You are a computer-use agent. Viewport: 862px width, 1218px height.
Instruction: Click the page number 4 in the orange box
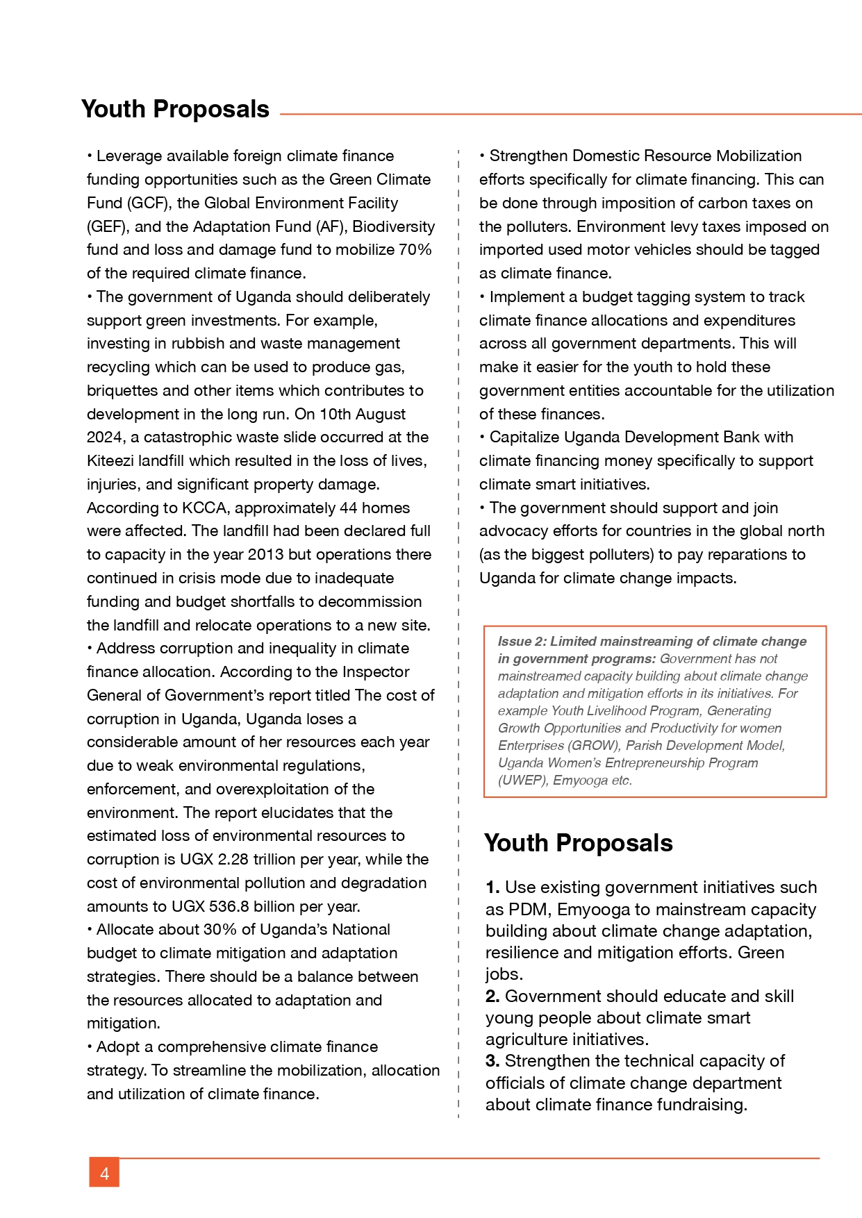tap(104, 1174)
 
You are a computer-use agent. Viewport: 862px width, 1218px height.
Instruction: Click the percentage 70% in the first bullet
tap(415, 249)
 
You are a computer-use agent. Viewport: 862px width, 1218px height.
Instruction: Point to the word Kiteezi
tap(110, 460)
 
